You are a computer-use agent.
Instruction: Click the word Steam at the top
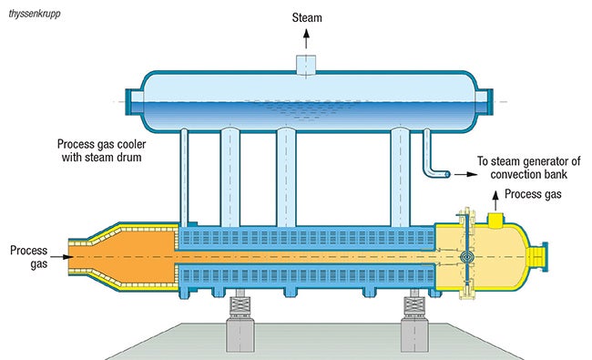coord(306,16)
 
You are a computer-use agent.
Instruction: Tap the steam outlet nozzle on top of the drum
coord(306,61)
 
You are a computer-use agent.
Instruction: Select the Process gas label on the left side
coord(25,256)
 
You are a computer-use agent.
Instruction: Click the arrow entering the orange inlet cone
coord(54,257)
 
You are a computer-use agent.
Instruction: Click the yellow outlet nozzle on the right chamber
coord(497,220)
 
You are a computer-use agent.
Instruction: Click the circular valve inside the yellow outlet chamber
coord(467,258)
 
